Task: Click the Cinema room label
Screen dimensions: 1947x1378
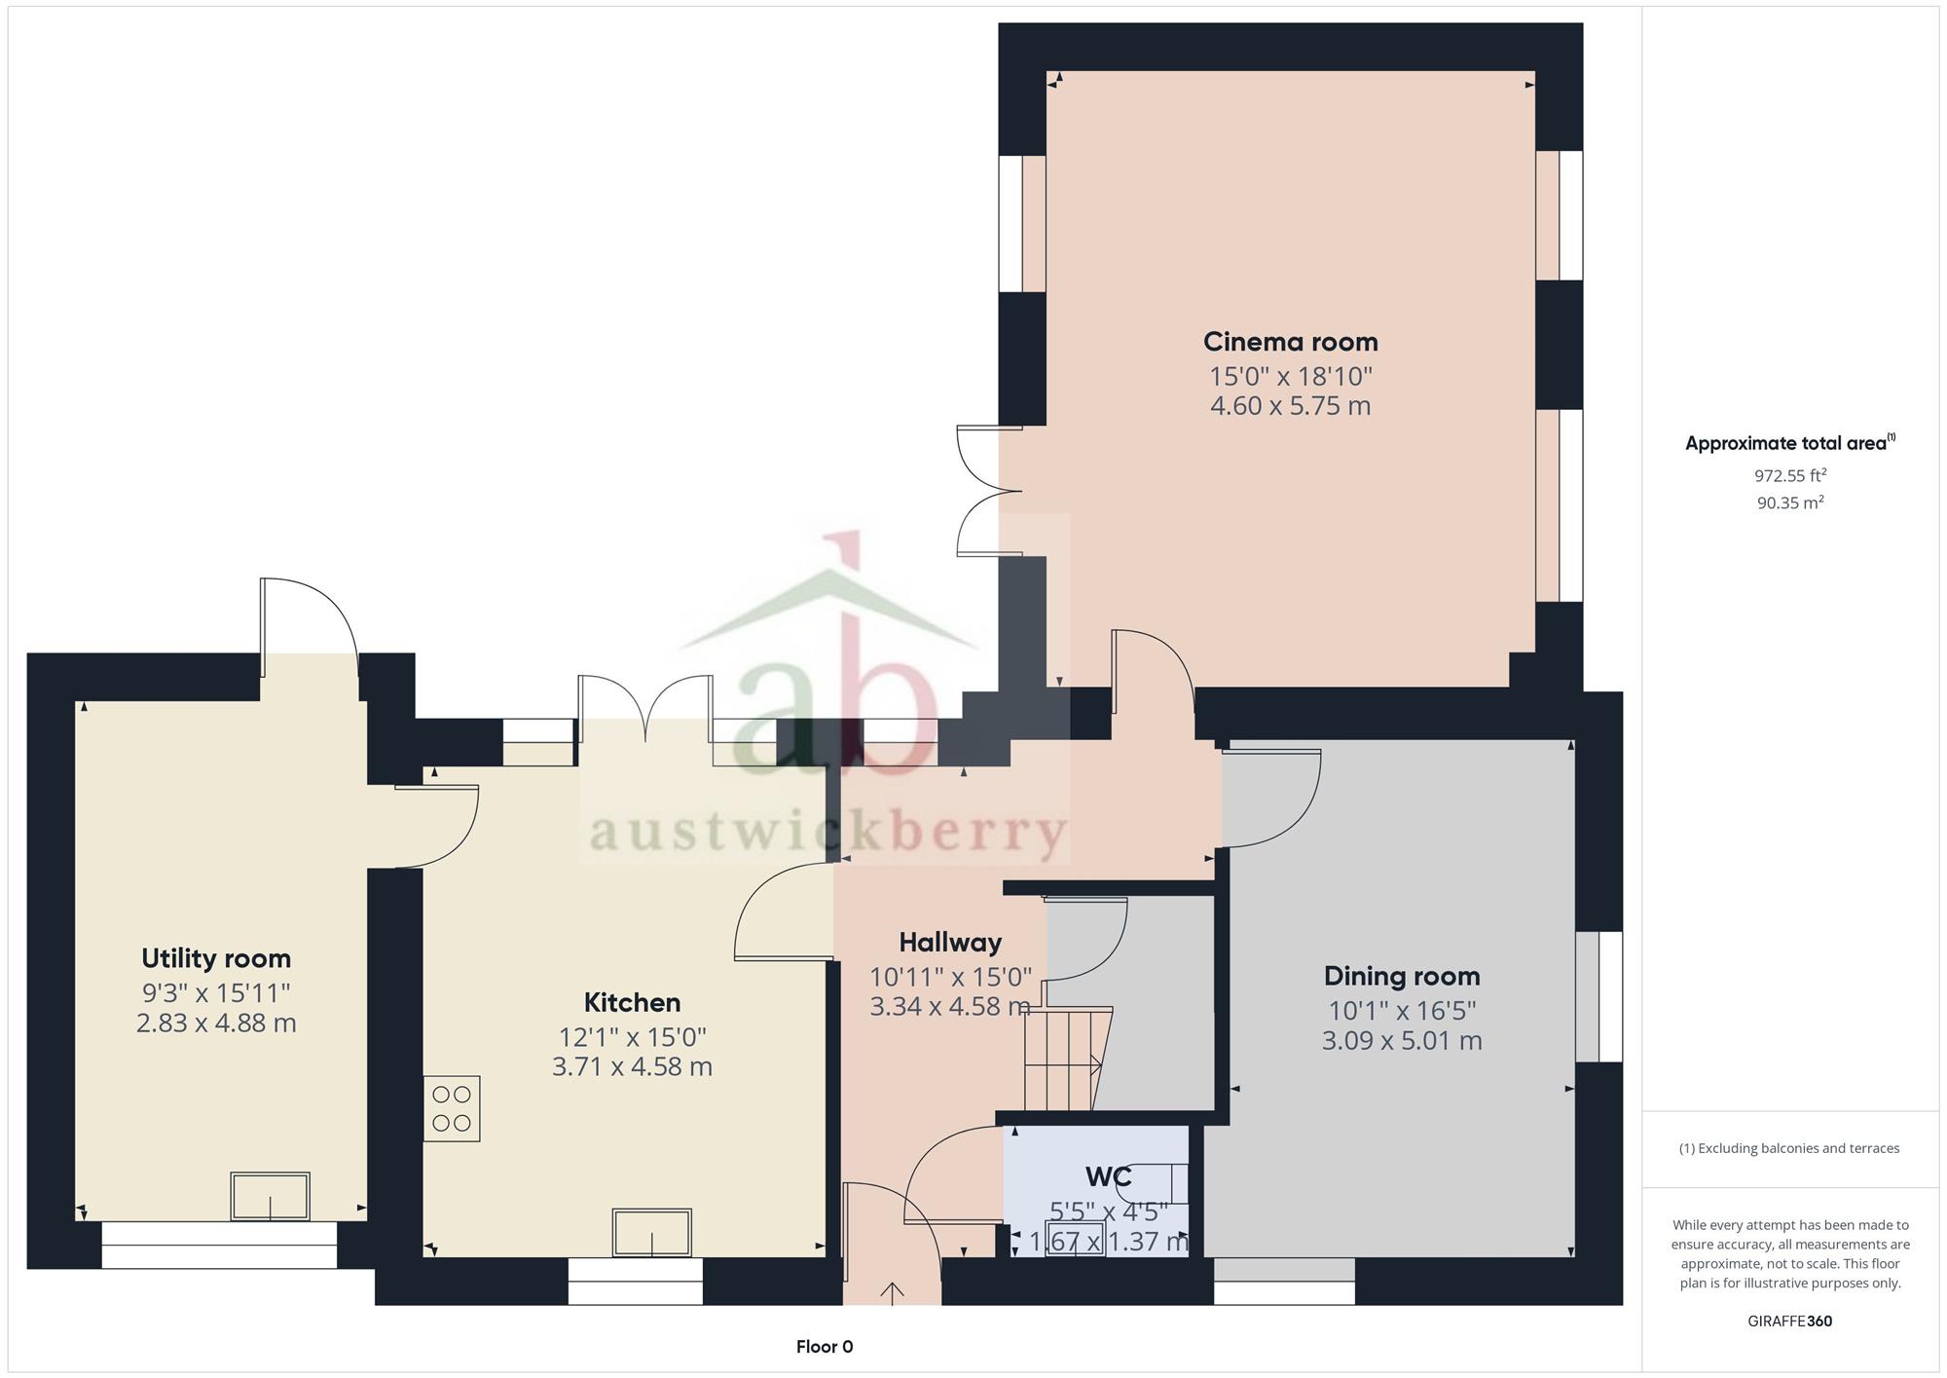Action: click(x=1290, y=342)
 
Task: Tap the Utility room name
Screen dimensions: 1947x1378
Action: click(x=216, y=958)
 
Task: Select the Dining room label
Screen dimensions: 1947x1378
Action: click(x=1402, y=976)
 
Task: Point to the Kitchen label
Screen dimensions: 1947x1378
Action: click(x=632, y=1002)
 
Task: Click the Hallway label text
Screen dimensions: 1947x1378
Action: click(x=950, y=943)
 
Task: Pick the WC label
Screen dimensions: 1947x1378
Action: click(x=1108, y=1177)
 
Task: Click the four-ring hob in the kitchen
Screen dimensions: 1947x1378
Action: click(x=452, y=1108)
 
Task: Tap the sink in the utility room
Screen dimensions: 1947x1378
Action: click(x=270, y=1197)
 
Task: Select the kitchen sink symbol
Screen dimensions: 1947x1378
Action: click(x=651, y=1233)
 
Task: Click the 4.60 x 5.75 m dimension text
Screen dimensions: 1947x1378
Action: click(x=1290, y=405)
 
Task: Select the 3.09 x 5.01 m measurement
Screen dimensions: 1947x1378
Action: click(x=1402, y=1040)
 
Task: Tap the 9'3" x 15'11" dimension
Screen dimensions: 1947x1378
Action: click(x=216, y=992)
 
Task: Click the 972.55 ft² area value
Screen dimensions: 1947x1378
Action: click(x=1790, y=475)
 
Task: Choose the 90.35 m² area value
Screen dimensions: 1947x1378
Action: click(x=1790, y=503)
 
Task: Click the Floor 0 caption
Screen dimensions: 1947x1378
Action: click(x=825, y=1347)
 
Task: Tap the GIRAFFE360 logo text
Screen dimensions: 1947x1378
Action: click(x=1790, y=1322)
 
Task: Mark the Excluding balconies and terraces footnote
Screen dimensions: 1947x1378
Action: click(x=1789, y=1148)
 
